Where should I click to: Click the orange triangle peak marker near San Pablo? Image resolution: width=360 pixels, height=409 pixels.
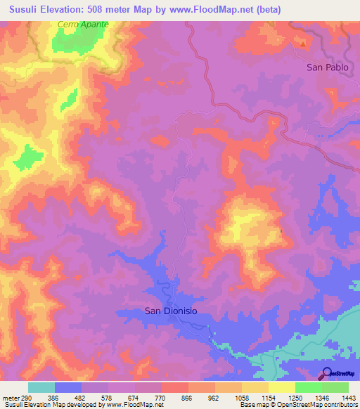point(303,44)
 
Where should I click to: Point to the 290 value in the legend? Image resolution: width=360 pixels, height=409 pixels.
point(22,397)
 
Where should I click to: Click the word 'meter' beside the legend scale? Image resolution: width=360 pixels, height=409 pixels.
point(8,397)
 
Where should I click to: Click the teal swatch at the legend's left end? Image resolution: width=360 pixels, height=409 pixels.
point(41,387)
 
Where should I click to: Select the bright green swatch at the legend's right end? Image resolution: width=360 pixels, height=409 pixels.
point(335,387)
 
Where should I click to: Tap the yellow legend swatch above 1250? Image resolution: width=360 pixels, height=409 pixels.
point(281,387)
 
